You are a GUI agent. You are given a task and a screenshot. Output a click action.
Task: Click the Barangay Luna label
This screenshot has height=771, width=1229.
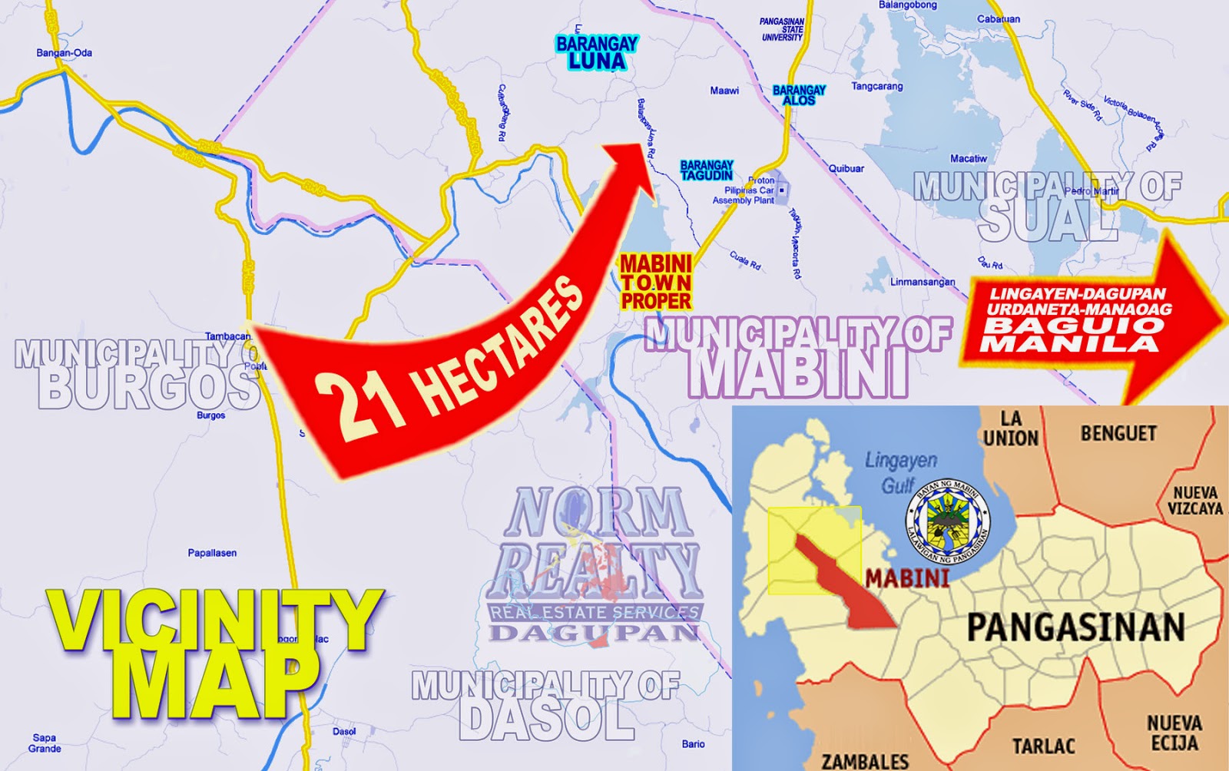click(597, 53)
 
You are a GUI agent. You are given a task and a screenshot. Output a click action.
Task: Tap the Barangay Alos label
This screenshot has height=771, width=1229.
click(799, 95)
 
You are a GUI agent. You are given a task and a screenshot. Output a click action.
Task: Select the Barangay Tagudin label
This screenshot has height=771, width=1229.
click(707, 170)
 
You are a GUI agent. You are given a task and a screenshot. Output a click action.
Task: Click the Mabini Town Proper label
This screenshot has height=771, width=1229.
click(656, 282)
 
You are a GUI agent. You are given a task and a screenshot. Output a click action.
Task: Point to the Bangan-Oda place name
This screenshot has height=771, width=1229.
click(65, 53)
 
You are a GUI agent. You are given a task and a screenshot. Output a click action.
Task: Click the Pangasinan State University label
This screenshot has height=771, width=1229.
click(782, 30)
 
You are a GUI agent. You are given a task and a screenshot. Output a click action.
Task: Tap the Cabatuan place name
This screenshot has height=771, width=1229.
click(999, 19)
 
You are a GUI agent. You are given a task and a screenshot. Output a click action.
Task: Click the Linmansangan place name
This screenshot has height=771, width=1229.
click(923, 282)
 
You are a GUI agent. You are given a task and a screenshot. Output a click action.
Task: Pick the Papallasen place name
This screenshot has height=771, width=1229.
click(212, 553)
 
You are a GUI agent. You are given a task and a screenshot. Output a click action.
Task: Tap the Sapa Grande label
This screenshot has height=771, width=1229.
click(45, 743)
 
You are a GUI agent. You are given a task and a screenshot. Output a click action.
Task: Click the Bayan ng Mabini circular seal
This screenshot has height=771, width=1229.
click(948, 519)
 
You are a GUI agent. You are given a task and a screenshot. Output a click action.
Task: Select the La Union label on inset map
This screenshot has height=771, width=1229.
click(1011, 429)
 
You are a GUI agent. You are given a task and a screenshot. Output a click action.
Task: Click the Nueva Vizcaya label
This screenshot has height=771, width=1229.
click(1194, 501)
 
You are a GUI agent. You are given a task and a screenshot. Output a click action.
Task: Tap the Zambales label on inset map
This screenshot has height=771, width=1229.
click(865, 761)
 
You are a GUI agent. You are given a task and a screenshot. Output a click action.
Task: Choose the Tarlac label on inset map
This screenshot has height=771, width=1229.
click(1043, 746)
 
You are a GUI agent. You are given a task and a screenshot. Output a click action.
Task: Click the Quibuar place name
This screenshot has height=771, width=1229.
click(846, 169)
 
